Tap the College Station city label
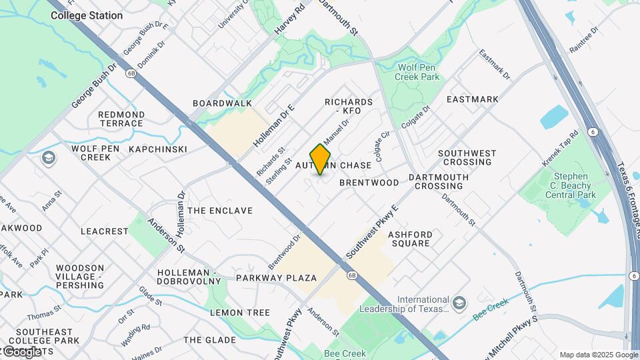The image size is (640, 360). [87, 15]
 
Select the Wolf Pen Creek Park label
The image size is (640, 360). [419, 73]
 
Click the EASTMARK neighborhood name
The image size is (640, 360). [472, 99]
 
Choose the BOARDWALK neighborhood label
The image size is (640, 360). [223, 103]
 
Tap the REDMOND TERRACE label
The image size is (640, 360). [121, 119]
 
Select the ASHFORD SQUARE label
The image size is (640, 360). [410, 239]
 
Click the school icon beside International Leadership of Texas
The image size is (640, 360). [459, 303]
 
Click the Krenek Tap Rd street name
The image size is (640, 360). [559, 149]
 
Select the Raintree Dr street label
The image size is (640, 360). [584, 40]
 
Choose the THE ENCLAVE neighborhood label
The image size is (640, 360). [220, 211]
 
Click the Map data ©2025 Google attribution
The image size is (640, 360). [599, 355]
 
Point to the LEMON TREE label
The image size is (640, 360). [240, 312]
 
